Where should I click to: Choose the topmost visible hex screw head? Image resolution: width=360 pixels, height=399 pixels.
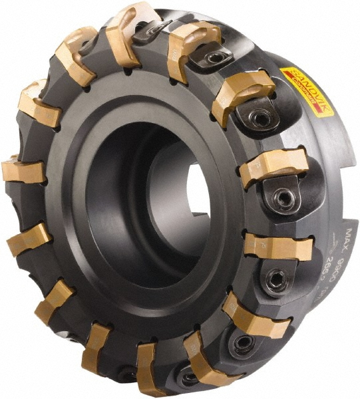click(215, 59)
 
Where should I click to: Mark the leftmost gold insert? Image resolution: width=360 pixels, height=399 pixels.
click(23, 172)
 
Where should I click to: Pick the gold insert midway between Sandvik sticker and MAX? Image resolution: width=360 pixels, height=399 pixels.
click(273, 166)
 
